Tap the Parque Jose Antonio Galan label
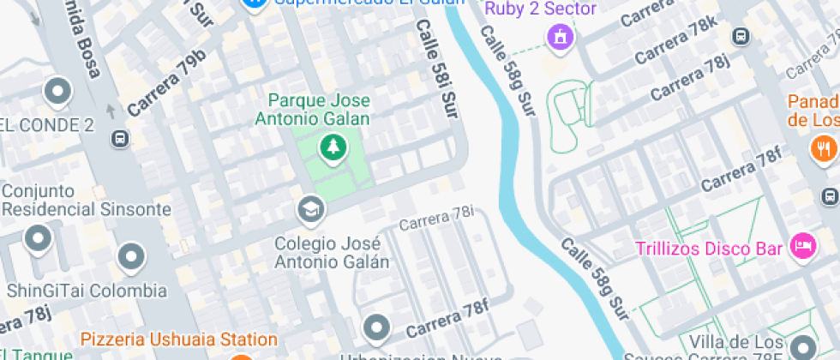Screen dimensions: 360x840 (x=313, y=110)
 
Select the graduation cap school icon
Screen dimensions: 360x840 (x=309, y=208)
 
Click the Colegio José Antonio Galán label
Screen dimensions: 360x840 (x=332, y=252)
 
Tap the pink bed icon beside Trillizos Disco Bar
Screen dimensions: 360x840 (x=804, y=244)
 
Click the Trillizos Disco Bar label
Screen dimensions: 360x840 (x=708, y=249)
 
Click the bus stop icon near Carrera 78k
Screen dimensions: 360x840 (x=741, y=36)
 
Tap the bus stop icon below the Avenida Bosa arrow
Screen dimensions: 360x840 (x=120, y=138)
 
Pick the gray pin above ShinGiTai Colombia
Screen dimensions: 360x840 (x=130, y=255)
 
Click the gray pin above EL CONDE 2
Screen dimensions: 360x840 (x=58, y=90)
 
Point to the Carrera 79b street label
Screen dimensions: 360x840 (x=167, y=82)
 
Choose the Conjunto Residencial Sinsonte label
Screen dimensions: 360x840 (x=86, y=201)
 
